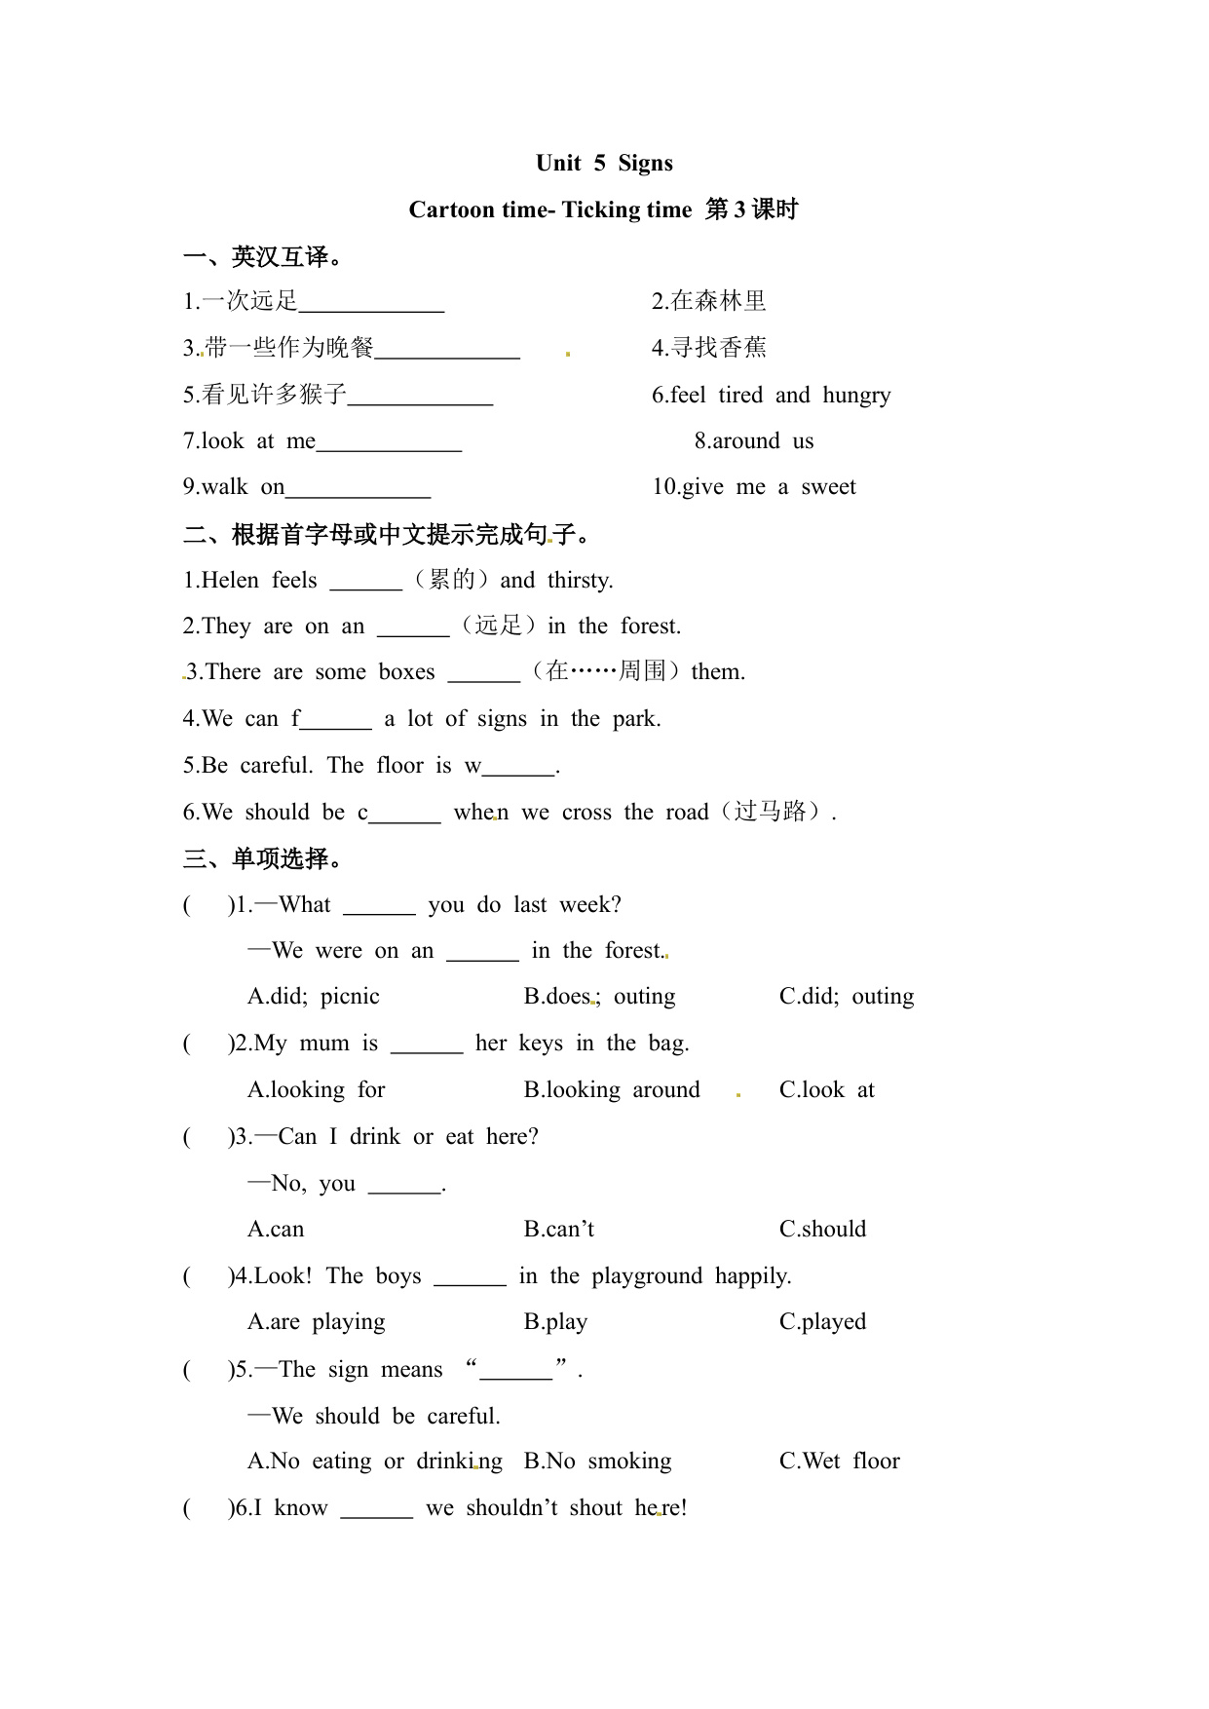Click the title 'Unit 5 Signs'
pyautogui.click(x=604, y=163)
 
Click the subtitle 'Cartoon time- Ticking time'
pyautogui.click(x=549, y=209)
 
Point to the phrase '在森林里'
pyautogui.click(x=718, y=301)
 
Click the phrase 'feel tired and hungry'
pyautogui.click(x=779, y=395)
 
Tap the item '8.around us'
pyautogui.click(x=753, y=440)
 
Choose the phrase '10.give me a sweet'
pyautogui.click(x=753, y=486)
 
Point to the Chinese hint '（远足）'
pyautogui.click(x=498, y=626)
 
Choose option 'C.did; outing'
pyautogui.click(x=846, y=996)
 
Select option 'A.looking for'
pyautogui.click(x=316, y=1089)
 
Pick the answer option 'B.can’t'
pyautogui.click(x=558, y=1229)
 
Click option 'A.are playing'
pyautogui.click(x=316, y=1321)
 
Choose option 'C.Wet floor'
pyautogui.click(x=839, y=1461)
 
